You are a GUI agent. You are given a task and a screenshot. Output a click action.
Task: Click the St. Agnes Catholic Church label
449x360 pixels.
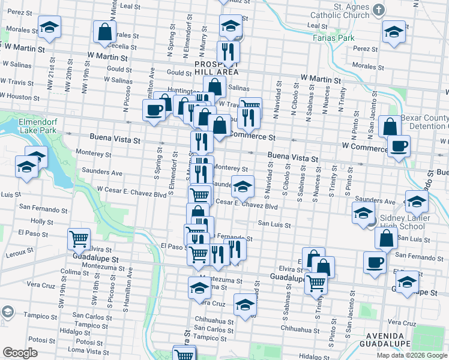(343, 11)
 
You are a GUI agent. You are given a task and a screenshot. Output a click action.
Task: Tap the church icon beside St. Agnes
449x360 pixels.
(378, 10)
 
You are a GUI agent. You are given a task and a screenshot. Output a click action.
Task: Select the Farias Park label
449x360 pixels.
(330, 37)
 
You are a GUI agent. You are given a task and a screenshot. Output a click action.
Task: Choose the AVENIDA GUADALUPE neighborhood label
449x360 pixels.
(384, 339)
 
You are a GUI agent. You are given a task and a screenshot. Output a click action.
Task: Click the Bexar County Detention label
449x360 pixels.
(424, 122)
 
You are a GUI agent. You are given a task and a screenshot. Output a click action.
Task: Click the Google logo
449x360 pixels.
(20, 353)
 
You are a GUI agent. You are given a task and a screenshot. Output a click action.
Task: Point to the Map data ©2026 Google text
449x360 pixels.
(412, 355)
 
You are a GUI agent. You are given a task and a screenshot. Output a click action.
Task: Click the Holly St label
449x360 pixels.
(42, 221)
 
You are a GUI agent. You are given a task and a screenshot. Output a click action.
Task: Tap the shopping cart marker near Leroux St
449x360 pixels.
(79, 239)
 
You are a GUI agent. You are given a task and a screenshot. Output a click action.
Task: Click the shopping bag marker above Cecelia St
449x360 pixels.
(104, 32)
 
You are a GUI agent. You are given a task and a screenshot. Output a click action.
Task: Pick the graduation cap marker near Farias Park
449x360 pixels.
(393, 31)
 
